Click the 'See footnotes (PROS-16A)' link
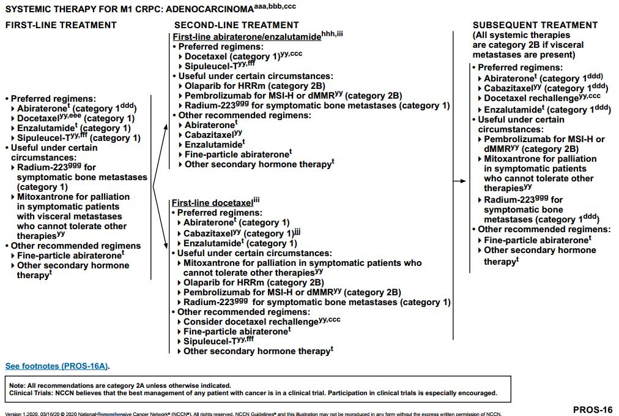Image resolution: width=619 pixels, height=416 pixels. point(57,366)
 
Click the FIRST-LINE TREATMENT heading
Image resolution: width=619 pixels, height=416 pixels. point(61,25)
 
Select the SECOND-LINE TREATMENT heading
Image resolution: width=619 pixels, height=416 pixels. point(236,25)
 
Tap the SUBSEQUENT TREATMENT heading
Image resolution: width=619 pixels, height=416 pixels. point(535,25)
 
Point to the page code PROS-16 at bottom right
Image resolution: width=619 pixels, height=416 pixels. point(592,409)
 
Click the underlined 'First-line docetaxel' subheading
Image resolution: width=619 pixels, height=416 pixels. point(212,203)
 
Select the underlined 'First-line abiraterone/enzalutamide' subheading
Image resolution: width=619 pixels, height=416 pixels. point(246,37)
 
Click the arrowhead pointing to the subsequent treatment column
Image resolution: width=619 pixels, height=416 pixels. point(463,181)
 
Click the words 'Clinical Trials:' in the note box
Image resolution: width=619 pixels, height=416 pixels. point(28,393)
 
